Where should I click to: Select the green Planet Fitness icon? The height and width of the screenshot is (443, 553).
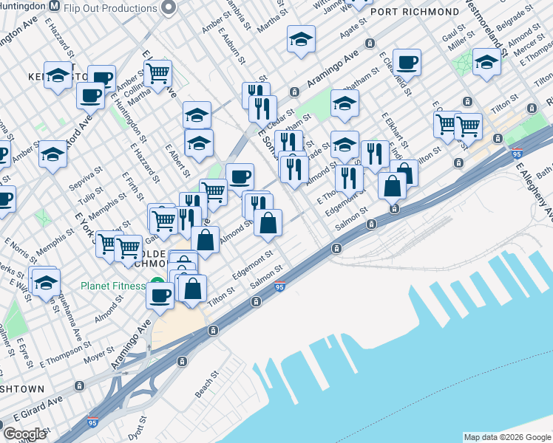tap(156, 281)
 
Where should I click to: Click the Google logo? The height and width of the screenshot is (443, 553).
tap(25, 433)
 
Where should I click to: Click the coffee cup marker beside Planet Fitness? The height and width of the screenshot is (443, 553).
tap(160, 295)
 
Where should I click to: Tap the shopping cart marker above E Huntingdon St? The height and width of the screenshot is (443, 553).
tap(157, 73)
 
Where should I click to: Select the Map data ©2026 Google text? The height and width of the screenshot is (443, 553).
tap(507, 437)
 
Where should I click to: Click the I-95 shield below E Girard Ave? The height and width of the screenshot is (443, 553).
tap(92, 422)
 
